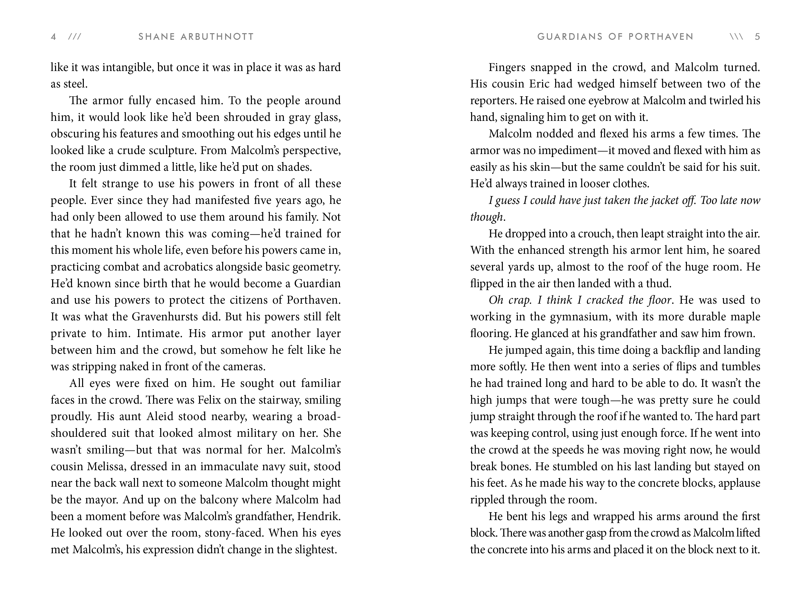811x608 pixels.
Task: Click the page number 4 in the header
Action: click(54, 37)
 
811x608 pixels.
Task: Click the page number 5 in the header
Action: click(757, 37)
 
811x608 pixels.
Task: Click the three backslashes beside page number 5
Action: click(737, 37)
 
